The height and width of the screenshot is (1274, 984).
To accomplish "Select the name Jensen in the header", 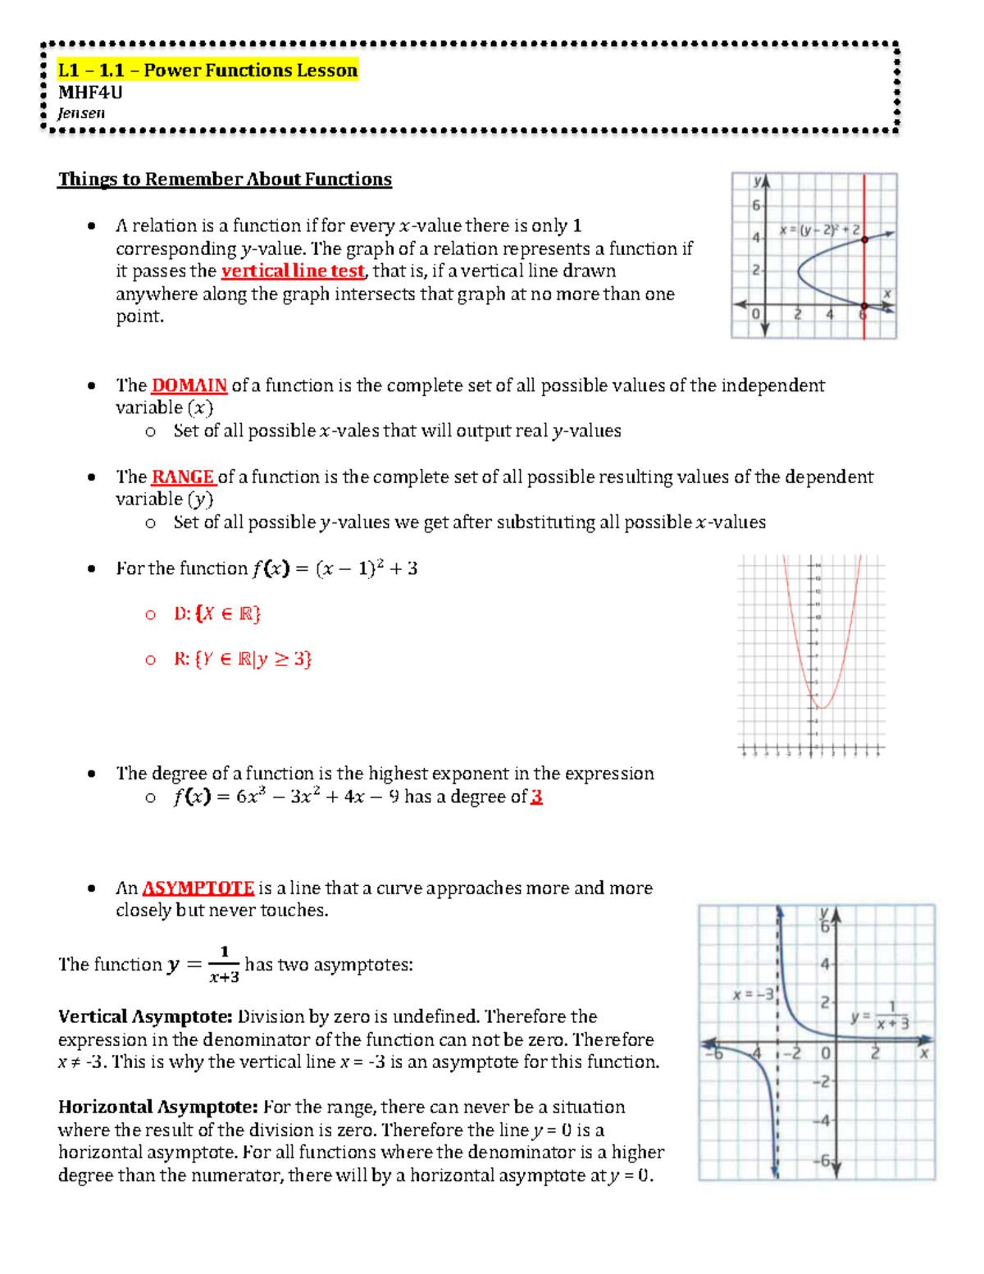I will pyautogui.click(x=81, y=113).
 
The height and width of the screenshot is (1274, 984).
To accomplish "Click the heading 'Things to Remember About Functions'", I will pyautogui.click(x=225, y=179).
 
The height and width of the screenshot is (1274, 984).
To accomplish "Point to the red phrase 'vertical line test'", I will pyautogui.click(x=293, y=271).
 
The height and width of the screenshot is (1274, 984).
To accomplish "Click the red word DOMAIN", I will pyautogui.click(x=189, y=385).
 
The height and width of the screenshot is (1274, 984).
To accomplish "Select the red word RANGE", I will pyautogui.click(x=183, y=477).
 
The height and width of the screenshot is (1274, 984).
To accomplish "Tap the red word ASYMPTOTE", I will pyautogui.click(x=198, y=888).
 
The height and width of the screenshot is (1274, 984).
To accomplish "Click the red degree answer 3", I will pyautogui.click(x=536, y=797).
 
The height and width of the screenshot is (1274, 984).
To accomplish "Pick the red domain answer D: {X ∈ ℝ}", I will pyautogui.click(x=217, y=614).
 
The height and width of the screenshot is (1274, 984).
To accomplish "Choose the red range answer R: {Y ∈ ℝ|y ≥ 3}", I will pyautogui.click(x=243, y=659).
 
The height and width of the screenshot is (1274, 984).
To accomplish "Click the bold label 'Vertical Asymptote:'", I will pyautogui.click(x=146, y=1016).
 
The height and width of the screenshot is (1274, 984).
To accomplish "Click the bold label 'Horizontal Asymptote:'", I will pyautogui.click(x=158, y=1107).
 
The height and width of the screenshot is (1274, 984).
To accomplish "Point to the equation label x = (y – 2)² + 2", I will pyautogui.click(x=819, y=231).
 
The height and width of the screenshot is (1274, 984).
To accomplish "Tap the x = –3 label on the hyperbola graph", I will pyautogui.click(x=752, y=994).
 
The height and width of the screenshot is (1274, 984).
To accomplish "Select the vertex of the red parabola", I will pyautogui.click(x=824, y=707).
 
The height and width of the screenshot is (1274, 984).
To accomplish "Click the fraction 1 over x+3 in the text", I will pyautogui.click(x=224, y=965).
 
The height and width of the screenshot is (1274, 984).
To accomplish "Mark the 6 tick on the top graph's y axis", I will pyautogui.click(x=756, y=205).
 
